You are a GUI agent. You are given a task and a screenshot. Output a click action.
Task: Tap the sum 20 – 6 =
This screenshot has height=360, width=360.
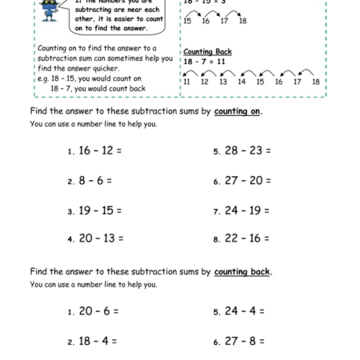tap(95, 310)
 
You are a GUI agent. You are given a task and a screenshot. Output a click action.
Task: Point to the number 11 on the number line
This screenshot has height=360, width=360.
tap(186, 82)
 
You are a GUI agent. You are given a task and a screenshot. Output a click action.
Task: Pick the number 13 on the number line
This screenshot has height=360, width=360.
tap(223, 82)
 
